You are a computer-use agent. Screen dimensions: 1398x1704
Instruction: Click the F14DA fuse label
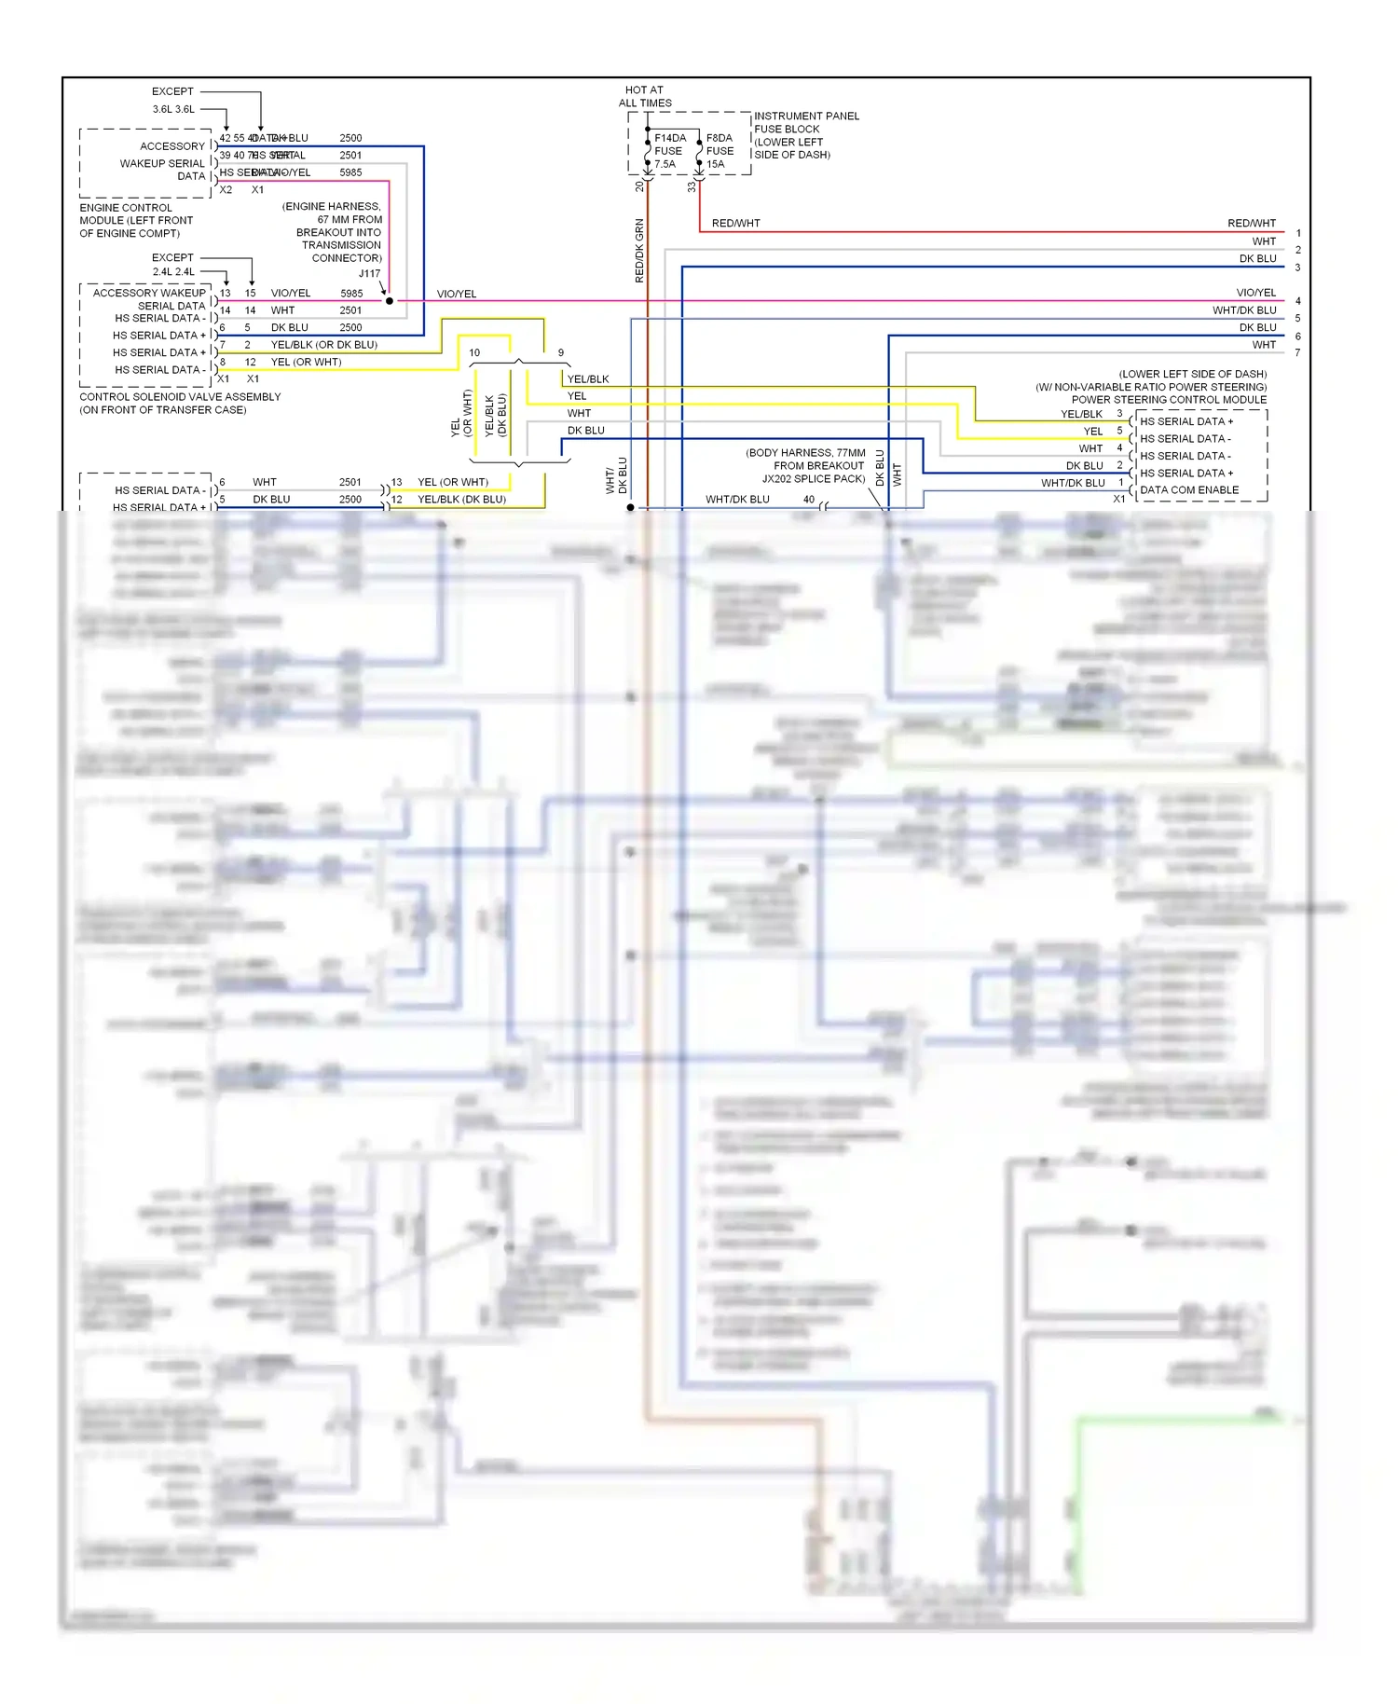669,138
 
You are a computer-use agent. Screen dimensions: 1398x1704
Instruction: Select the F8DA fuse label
719,138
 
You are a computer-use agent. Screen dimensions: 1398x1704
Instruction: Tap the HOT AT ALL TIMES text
645,97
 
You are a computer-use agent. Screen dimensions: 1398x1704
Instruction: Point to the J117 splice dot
390,301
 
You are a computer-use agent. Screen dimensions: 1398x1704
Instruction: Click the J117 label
369,273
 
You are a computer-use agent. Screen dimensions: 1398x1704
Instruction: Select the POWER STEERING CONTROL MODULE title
1169,400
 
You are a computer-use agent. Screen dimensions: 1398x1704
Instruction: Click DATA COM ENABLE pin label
1189,490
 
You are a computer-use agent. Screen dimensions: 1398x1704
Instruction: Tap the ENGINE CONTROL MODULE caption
136,221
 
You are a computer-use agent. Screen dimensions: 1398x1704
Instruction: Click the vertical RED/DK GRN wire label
639,251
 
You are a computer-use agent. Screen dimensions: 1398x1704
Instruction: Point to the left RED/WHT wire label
735,224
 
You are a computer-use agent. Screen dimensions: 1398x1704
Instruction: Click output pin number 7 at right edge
1297,352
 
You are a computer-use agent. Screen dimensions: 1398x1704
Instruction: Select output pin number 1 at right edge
1297,233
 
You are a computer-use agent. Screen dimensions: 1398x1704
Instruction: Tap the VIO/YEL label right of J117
457,294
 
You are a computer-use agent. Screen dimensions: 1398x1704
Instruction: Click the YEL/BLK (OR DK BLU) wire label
323,345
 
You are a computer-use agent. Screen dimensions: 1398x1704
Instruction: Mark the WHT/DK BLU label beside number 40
737,500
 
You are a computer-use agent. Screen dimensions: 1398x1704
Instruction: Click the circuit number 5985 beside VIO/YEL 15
351,294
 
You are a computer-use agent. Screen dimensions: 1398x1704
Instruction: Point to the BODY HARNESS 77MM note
805,465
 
